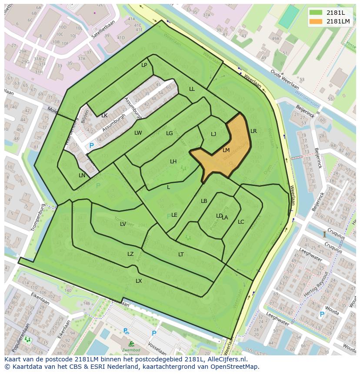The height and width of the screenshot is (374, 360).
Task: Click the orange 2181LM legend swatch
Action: (x=316, y=21)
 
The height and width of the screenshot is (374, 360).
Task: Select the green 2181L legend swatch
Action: (x=316, y=12)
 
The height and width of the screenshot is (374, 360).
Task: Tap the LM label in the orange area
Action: (x=226, y=150)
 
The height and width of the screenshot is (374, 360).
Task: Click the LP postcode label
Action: (x=144, y=65)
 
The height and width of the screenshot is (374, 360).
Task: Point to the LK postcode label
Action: (x=104, y=116)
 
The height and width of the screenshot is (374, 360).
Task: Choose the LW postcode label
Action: (x=138, y=133)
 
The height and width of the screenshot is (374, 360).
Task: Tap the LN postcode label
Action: (x=82, y=175)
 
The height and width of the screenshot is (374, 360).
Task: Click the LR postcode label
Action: (x=253, y=131)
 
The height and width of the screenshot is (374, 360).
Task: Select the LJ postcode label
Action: (x=213, y=134)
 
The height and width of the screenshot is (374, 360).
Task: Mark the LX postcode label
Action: (x=139, y=281)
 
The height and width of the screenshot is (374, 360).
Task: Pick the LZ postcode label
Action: (x=130, y=254)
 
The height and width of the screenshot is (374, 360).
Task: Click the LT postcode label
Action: (x=181, y=255)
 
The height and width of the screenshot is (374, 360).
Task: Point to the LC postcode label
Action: (x=241, y=222)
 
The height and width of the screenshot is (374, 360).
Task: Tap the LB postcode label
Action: (x=204, y=201)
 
